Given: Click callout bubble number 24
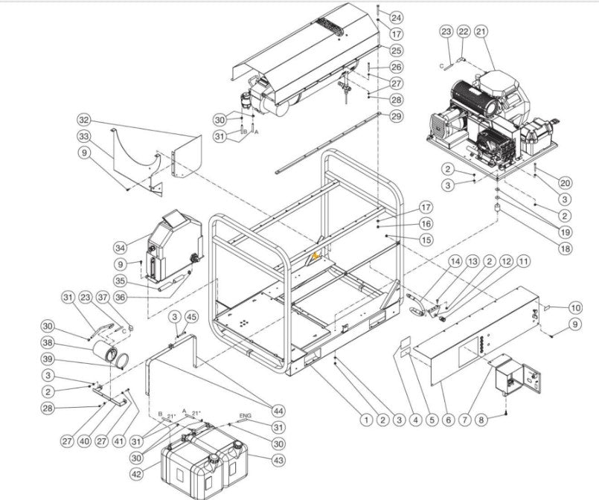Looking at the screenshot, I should click(x=396, y=17).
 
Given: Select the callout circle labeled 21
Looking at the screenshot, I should click(x=481, y=31).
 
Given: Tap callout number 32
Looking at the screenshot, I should click(x=83, y=120).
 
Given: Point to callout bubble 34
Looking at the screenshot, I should click(x=120, y=247).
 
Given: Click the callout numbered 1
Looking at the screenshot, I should click(x=365, y=420).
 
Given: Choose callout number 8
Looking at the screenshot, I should click(x=481, y=420).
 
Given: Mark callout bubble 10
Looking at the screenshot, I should click(x=575, y=307).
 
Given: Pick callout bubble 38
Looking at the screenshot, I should click(x=68, y=343).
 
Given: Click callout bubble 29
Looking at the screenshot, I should click(x=396, y=116).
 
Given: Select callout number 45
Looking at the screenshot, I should click(x=191, y=318).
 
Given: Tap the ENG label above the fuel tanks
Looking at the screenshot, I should click(x=244, y=415).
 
